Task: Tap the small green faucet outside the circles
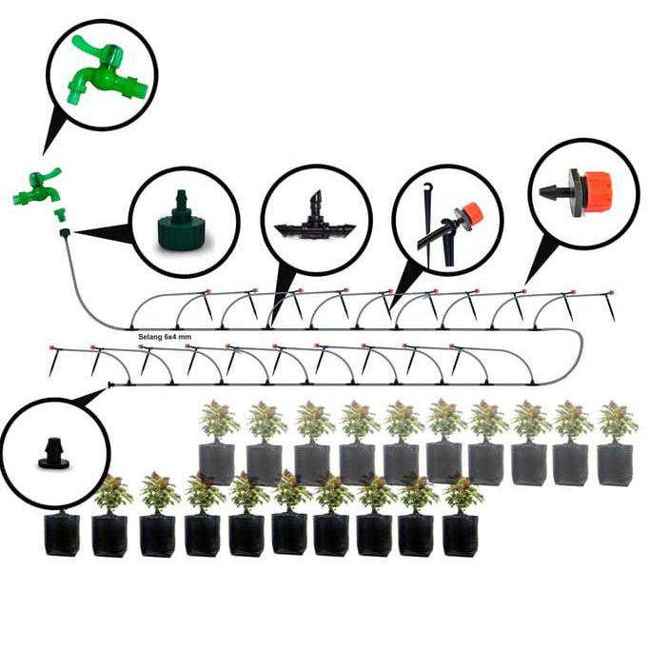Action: pos(36,187)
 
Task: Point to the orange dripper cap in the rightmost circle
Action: pos(599,190)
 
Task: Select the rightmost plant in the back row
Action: pos(617,421)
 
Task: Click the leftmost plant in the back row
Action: pos(219,421)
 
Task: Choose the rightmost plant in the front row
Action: pos(462,494)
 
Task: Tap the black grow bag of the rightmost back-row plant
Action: pos(616,463)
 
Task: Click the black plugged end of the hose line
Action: pos(110,385)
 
